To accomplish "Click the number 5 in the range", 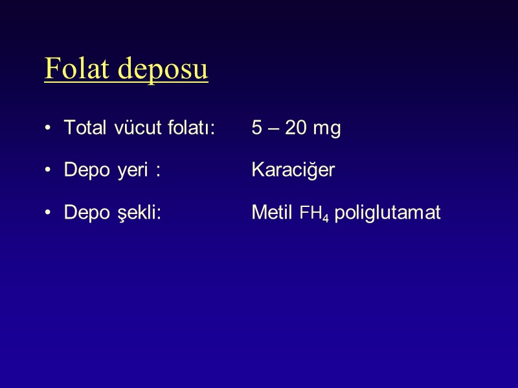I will pyautogui.click(x=256, y=129).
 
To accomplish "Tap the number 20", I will pyautogui.click(x=296, y=129).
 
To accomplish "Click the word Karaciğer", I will pyautogui.click(x=293, y=171).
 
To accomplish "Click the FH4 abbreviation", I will pyautogui.click(x=313, y=214).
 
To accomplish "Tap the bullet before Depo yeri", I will pyautogui.click(x=49, y=171).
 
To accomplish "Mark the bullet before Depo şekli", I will pyautogui.click(x=49, y=214).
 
